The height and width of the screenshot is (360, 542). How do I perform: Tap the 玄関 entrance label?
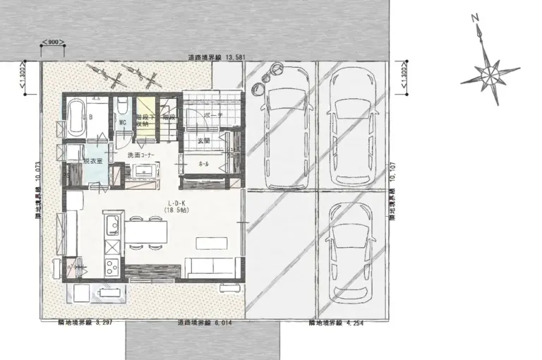205,140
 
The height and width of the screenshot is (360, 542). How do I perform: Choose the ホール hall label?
204,164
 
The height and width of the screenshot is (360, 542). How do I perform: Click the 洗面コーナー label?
141,155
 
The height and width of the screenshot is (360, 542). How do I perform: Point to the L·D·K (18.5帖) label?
176,206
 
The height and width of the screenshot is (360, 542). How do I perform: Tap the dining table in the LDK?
148,232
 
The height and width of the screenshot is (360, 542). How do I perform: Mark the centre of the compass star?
488,73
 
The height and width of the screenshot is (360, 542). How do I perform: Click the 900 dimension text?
53,42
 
